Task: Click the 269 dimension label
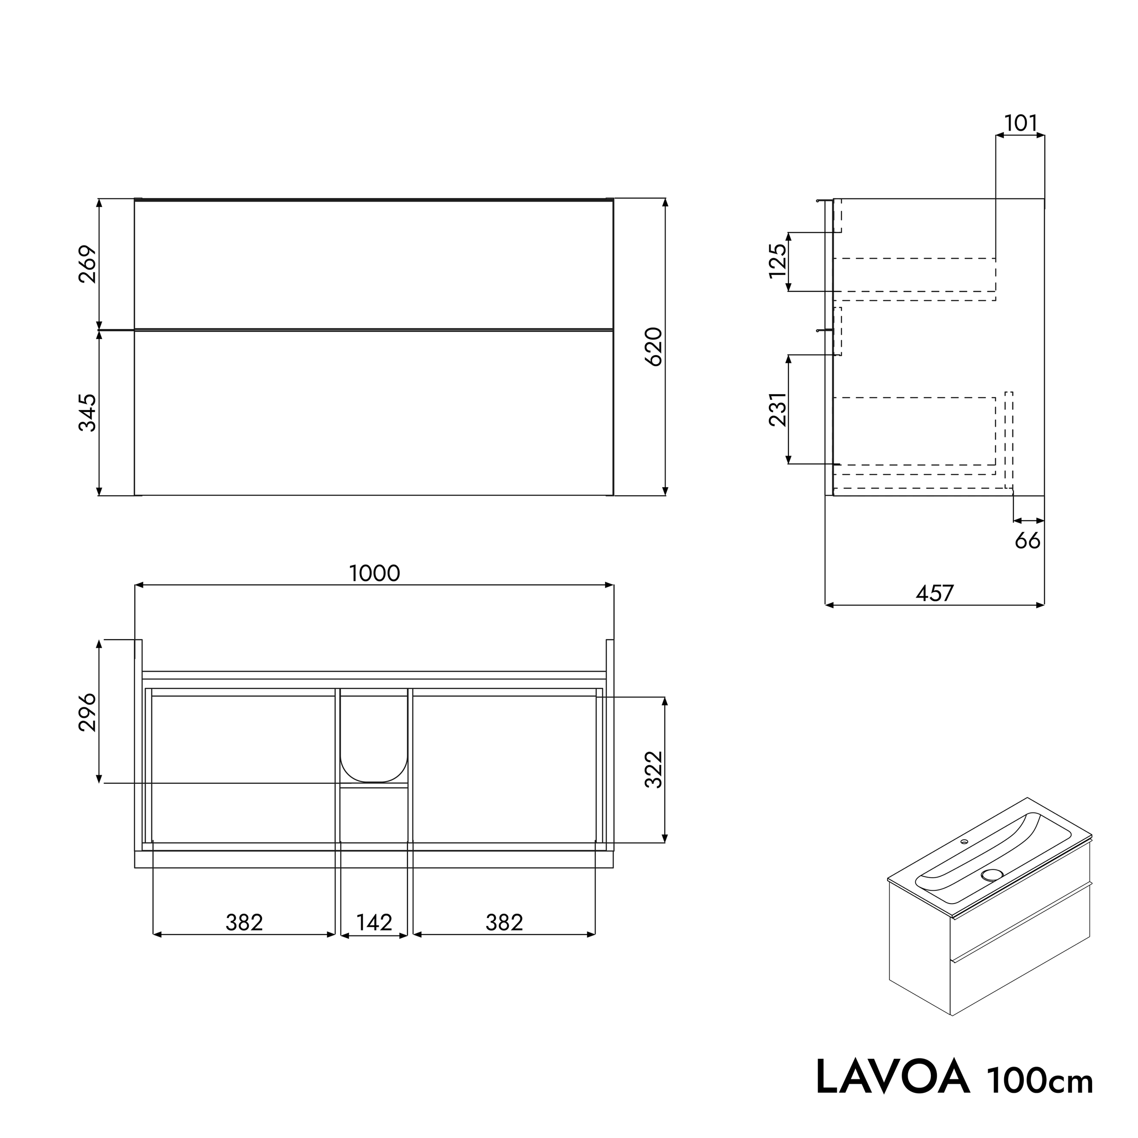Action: coord(88,264)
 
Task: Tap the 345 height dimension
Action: coord(88,413)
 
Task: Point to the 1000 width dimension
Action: coord(375,574)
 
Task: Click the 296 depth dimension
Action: coord(88,712)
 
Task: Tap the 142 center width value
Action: coord(374,922)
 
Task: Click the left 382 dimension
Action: coord(244,922)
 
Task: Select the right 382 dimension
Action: coord(504,922)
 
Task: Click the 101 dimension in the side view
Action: coord(1020,124)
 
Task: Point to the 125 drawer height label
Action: coord(778,261)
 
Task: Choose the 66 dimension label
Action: coord(1027,541)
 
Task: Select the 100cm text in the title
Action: coord(1040,1080)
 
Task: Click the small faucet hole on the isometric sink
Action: coord(964,842)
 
